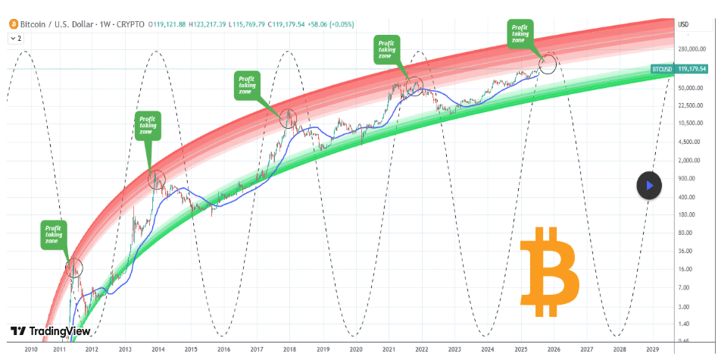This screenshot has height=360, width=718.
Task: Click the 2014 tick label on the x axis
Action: [158, 349]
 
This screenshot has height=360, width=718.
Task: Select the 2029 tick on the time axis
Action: [652, 349]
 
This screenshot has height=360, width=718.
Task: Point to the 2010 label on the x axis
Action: [30, 349]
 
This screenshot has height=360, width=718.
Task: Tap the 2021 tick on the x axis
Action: [389, 349]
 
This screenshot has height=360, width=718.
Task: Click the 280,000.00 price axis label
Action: [695, 50]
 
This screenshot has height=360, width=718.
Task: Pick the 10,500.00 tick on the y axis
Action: [695, 123]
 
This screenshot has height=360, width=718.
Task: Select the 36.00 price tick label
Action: [687, 251]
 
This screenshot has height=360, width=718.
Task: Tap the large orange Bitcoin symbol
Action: [550, 271]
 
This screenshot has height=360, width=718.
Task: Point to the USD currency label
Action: [682, 24]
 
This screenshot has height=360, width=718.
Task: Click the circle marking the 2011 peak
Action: [73, 267]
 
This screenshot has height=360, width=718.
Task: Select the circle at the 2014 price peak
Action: [156, 179]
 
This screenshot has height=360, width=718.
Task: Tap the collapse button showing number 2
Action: [16, 37]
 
